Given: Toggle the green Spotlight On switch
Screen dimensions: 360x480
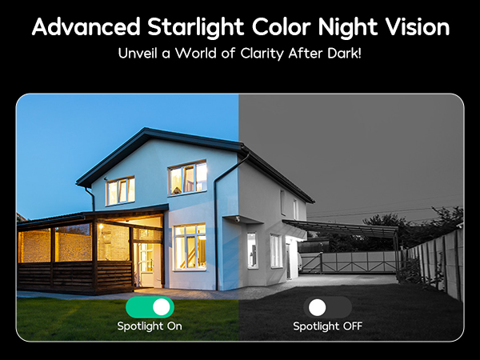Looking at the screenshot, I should (x=150, y=306).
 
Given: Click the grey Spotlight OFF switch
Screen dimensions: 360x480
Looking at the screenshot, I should (x=327, y=306).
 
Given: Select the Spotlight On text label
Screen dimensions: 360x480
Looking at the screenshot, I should (x=150, y=326).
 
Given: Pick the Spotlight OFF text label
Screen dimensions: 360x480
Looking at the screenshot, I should (x=327, y=326).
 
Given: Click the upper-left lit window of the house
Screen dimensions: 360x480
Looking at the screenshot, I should (x=120, y=190).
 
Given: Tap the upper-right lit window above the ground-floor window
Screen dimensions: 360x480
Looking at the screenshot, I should (x=188, y=178).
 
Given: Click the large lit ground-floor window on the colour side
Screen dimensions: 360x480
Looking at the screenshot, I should (x=190, y=246).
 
